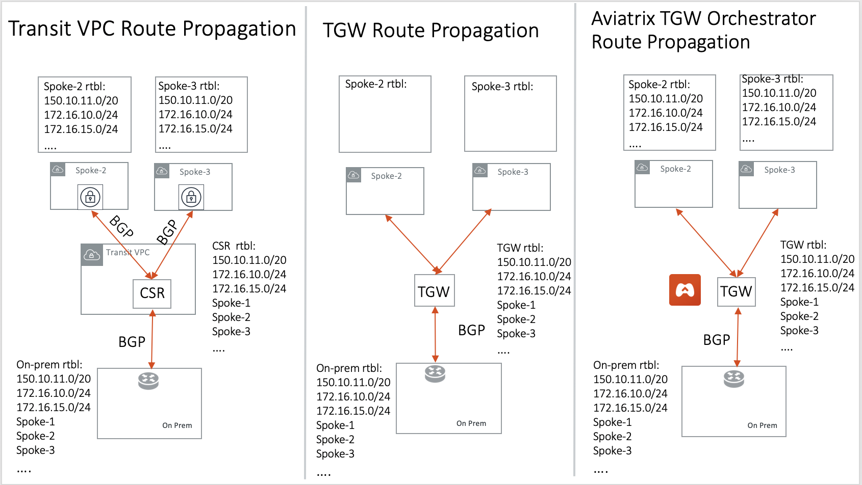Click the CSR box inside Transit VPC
coord(152,293)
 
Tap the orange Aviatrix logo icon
coord(684,290)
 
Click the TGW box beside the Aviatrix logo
coord(736,291)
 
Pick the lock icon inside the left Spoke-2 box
coord(90,197)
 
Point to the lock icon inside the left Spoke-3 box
coord(191,197)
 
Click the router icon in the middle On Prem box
coord(435,373)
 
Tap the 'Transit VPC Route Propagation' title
coord(152,29)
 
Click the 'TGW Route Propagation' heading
coord(430,31)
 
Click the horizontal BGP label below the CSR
coord(132,342)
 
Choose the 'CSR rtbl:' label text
coord(234,246)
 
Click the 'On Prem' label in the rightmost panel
coord(762,425)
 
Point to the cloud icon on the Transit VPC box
coord(92,255)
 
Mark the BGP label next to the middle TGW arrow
coord(471,330)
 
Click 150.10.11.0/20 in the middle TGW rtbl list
coord(534,262)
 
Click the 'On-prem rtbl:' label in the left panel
coord(49,365)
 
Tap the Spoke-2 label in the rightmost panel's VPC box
coord(675,169)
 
